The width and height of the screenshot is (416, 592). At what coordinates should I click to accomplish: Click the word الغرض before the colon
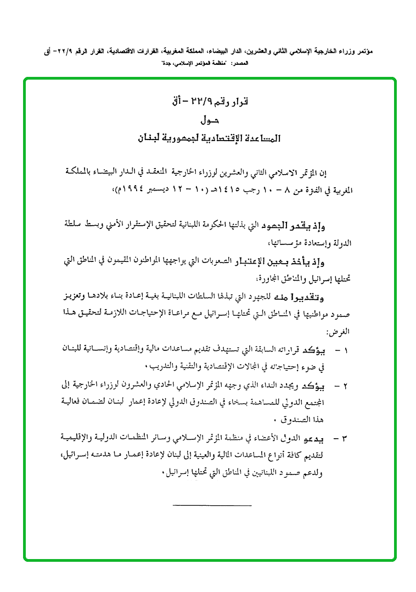340,332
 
